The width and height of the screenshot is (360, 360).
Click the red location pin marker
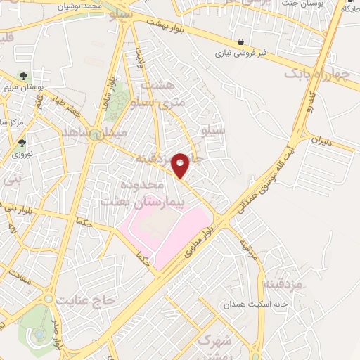coord(181,165)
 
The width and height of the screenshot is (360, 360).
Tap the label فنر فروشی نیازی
coord(241,53)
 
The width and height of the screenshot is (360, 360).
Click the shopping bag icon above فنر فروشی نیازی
coord(241,41)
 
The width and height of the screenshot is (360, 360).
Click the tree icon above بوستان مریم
coord(25,75)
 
